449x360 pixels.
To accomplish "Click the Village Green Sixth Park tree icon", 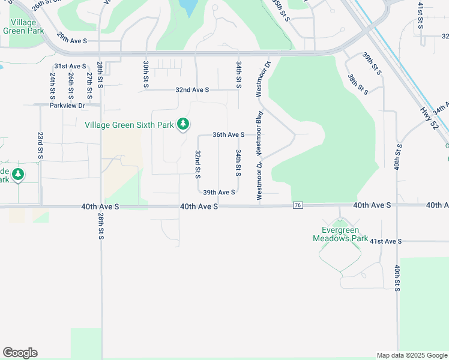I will [184, 125].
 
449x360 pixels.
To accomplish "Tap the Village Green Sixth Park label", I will [129, 125].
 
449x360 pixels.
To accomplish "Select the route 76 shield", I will [298, 205].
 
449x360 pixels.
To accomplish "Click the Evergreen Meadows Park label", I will [340, 234].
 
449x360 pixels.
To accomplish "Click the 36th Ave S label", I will [228, 135].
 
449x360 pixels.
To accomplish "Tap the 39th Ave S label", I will [218, 193].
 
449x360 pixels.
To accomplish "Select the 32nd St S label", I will [197, 164].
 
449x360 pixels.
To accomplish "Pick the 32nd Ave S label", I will [192, 90].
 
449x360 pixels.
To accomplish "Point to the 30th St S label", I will [146, 74].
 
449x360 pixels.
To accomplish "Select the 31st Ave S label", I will [70, 66].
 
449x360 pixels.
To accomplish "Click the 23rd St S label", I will [40, 145].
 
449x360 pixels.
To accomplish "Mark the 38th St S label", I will [357, 84].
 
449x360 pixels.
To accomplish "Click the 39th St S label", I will [372, 63].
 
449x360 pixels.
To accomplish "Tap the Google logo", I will [20, 353].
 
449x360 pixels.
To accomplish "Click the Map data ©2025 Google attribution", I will [412, 355].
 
